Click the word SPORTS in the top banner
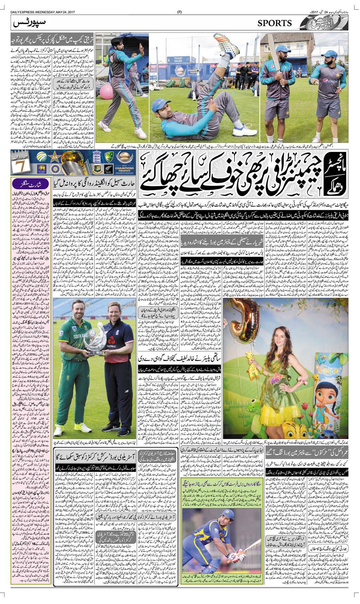275,23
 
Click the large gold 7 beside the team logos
20,165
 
